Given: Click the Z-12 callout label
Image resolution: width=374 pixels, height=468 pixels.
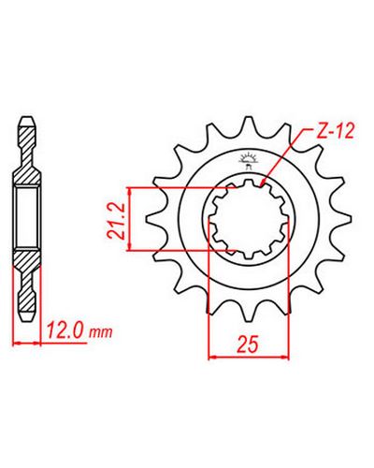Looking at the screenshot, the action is tap(336, 132).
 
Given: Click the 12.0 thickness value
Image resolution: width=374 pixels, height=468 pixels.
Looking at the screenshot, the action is tap(65, 330).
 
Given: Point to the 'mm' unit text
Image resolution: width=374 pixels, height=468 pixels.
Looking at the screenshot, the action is tap(100, 333).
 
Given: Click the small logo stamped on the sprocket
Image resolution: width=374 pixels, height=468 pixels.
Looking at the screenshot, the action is tap(247, 160).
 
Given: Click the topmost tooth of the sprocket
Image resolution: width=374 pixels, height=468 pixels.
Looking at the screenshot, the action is tap(249, 124).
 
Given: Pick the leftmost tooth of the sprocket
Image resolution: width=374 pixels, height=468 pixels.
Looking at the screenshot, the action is tap(153, 219).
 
